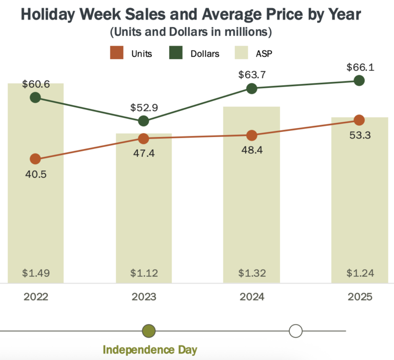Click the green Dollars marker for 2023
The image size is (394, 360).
coord(144,121)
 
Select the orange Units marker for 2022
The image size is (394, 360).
coord(35,159)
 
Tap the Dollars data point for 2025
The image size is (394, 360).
coord(359,81)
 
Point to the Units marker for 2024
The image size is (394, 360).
coord(251,136)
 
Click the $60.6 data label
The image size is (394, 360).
coord(35,84)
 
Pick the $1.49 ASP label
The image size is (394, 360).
coord(35,272)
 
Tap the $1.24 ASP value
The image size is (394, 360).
coord(359,272)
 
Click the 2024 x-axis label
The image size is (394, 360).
coord(251,297)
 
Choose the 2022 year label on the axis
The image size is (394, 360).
coord(35,297)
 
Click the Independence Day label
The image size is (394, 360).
coord(150,350)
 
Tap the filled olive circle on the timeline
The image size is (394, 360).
coord(149,331)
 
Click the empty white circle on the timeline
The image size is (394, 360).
coord(295,331)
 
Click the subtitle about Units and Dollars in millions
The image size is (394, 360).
coord(190,32)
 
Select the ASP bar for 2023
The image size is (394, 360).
coord(144,216)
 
